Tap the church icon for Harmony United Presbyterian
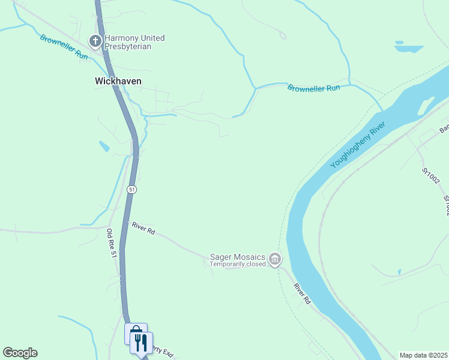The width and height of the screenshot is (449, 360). click(x=95, y=41)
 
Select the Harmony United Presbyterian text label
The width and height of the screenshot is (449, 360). click(x=134, y=42)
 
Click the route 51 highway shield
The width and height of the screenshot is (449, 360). click(x=132, y=189)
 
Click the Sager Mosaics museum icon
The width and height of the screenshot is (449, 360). click(x=275, y=260)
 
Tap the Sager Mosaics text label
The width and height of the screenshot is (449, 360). click(x=237, y=257)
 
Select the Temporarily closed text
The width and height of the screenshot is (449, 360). click(x=238, y=264)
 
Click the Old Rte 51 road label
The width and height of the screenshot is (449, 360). click(x=111, y=243)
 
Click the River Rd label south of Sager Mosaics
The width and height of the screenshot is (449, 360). click(x=302, y=293)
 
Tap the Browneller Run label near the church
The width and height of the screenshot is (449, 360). click(x=64, y=46)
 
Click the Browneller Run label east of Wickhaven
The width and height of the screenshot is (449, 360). click(x=313, y=88)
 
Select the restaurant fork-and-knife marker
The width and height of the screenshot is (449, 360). click(x=142, y=343)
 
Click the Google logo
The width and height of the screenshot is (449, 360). click(x=20, y=353)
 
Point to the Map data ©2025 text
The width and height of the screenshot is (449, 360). click(x=423, y=355)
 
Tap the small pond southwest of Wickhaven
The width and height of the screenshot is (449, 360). click(x=104, y=146)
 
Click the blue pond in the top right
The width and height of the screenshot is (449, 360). click(x=409, y=47)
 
